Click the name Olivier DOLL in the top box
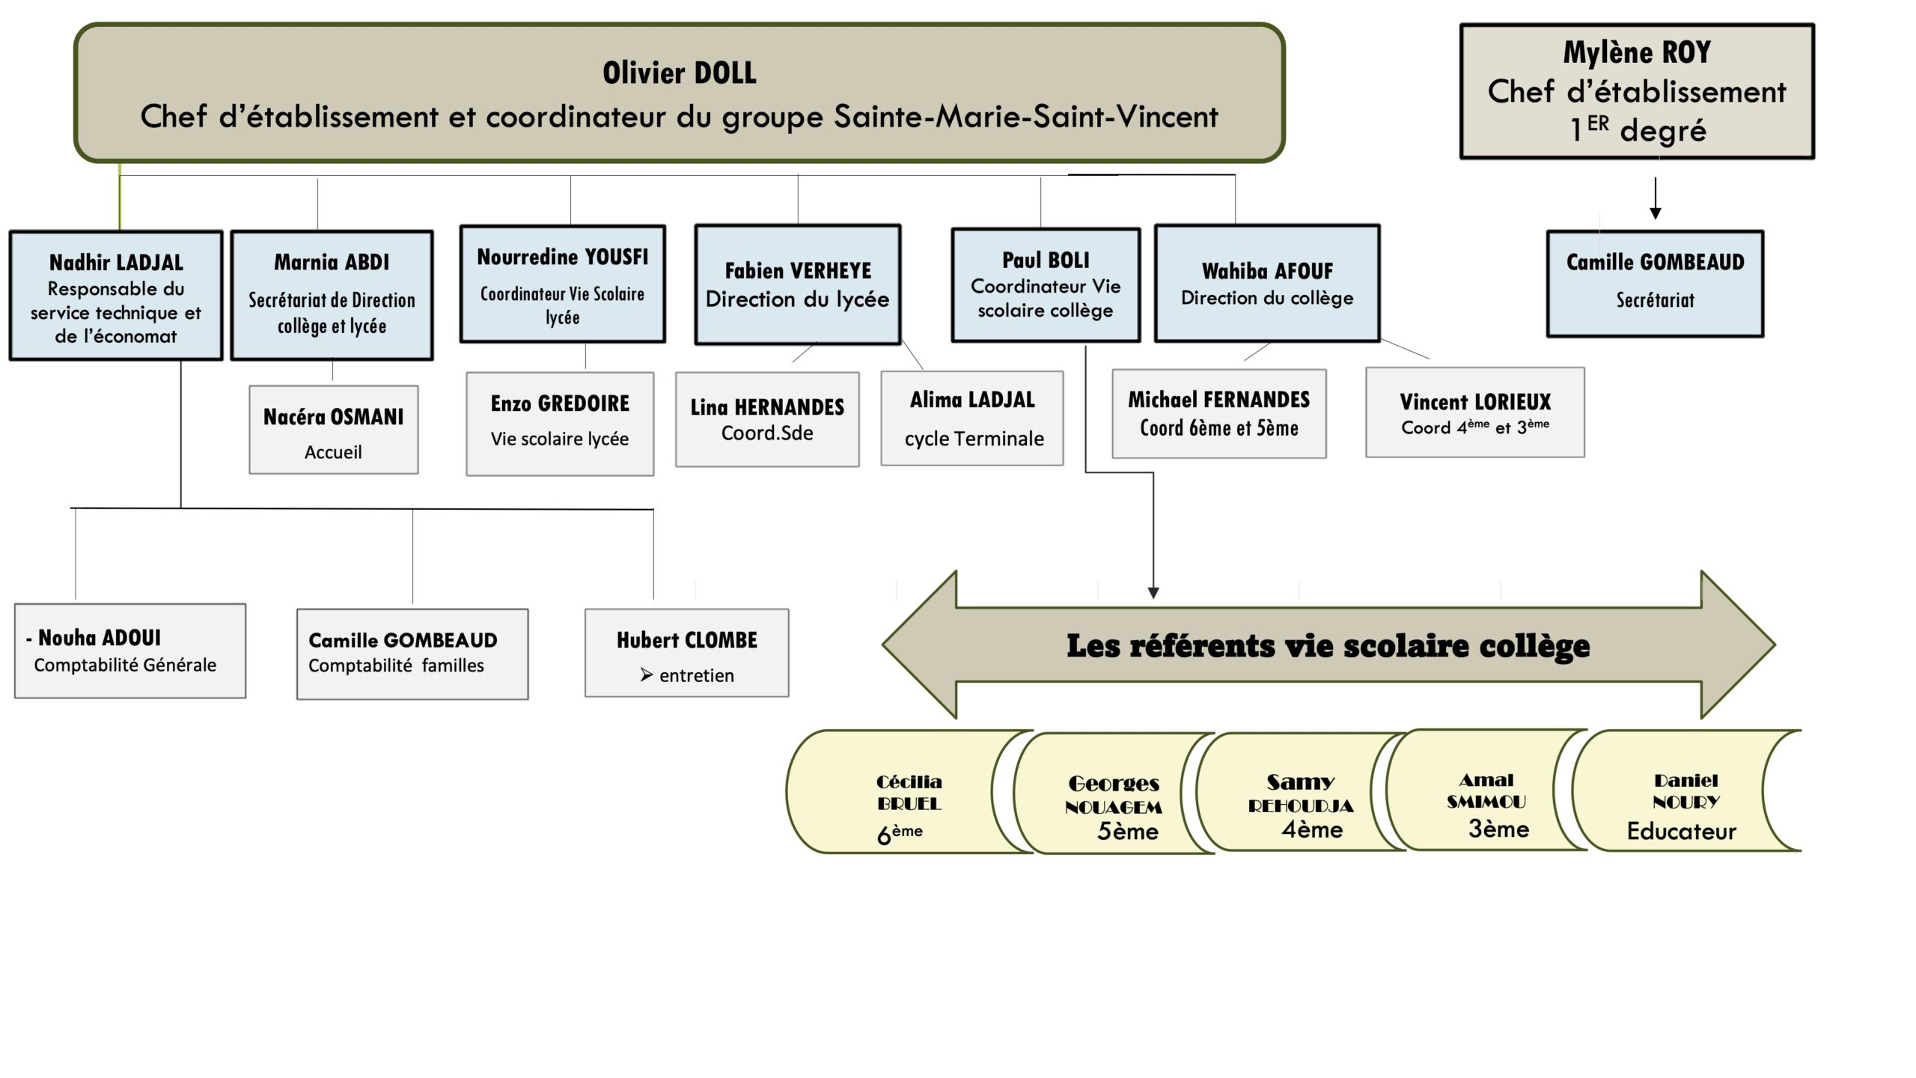679,73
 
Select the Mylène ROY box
1637,91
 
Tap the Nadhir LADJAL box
116,296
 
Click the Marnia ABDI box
332,295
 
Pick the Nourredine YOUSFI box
562,284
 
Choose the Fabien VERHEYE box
798,284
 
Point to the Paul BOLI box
1046,284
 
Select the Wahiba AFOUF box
1267,284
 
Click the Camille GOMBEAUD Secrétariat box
1655,284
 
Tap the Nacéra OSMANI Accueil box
333,430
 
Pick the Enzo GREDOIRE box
560,424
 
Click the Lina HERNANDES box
767,419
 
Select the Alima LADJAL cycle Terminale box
972,418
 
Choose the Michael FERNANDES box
1218,413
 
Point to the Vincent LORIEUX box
1474,412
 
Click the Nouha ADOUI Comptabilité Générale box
130,651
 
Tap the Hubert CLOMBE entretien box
686,653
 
